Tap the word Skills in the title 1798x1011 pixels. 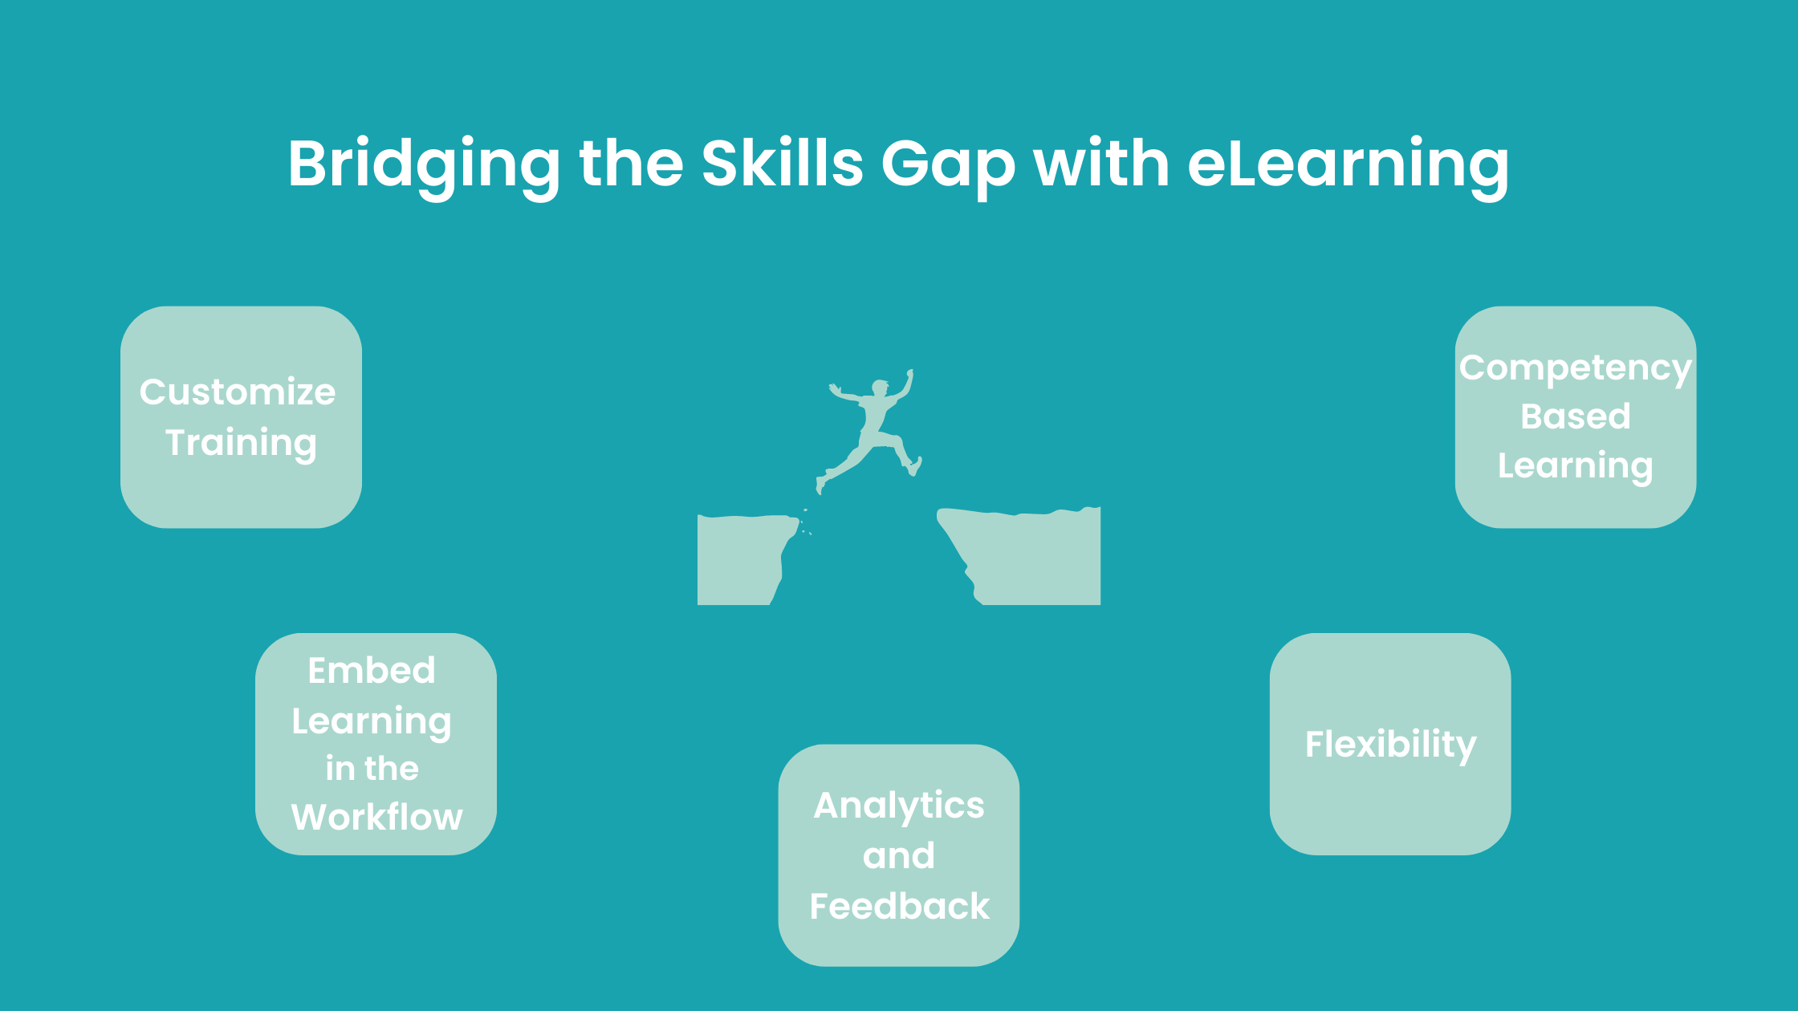point(782,163)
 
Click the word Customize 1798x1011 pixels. point(238,392)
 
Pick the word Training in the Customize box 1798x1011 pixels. point(241,444)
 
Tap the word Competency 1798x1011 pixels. point(1575,369)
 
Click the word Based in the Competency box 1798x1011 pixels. point(1575,416)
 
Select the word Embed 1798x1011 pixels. point(372,670)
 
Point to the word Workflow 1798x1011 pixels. point(377,817)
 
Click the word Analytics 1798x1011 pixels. point(899,806)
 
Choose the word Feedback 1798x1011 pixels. point(899,906)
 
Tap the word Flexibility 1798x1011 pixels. point(1390,745)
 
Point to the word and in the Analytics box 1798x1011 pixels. point(899,856)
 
